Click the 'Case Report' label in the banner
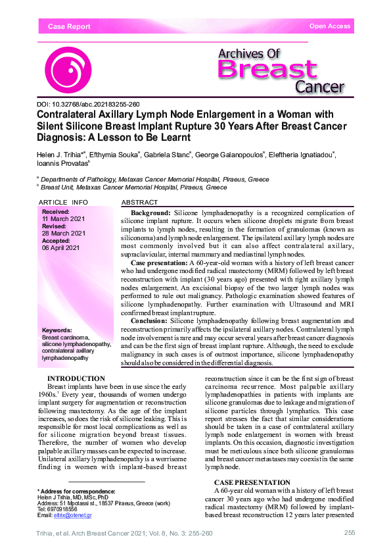pyautogui.click(x=69, y=27)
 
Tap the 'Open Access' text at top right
pyautogui.click(x=330, y=26)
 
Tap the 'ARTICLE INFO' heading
pyautogui.click(x=63, y=202)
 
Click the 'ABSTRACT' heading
pyautogui.click(x=140, y=202)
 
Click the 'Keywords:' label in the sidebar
pyautogui.click(x=58, y=330)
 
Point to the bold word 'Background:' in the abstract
pyautogui.click(x=150, y=214)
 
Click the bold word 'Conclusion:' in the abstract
pyautogui.click(x=150, y=320)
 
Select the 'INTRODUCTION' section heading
pyautogui.click(x=76, y=378)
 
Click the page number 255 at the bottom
pyautogui.click(x=350, y=532)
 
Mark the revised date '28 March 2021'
pyautogui.click(x=64, y=233)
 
